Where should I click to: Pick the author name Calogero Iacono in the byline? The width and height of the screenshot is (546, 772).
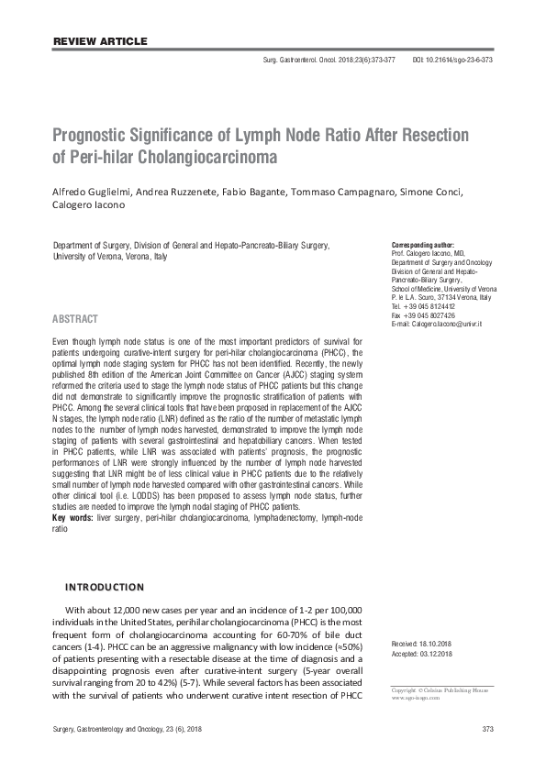(x=89, y=205)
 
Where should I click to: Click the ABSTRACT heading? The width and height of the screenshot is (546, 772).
(x=75, y=319)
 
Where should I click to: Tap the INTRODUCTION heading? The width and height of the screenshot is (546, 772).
(x=103, y=587)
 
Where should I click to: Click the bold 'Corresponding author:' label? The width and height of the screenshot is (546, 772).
(x=423, y=247)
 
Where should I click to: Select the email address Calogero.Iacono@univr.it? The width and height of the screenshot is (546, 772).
(x=455, y=325)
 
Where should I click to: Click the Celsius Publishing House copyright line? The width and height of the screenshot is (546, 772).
(x=440, y=689)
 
